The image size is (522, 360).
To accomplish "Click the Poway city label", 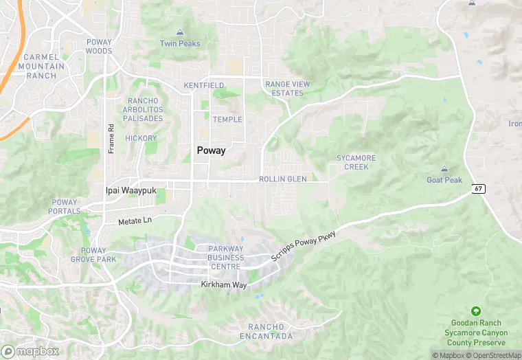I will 211,151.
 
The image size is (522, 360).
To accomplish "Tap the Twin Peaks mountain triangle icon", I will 180,32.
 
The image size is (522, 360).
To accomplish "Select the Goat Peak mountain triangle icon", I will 444,169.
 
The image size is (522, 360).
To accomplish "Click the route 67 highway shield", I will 479,188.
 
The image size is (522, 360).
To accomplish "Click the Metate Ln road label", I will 135,220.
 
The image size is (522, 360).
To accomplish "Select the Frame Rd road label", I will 111,139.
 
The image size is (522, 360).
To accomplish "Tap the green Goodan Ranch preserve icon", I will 476,311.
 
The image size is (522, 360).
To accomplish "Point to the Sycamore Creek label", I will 356,162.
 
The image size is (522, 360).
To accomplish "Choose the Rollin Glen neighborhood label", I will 282,179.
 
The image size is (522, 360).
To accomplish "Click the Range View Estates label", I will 287,89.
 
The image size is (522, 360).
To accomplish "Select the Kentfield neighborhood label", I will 204,86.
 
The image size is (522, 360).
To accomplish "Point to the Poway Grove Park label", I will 93,255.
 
